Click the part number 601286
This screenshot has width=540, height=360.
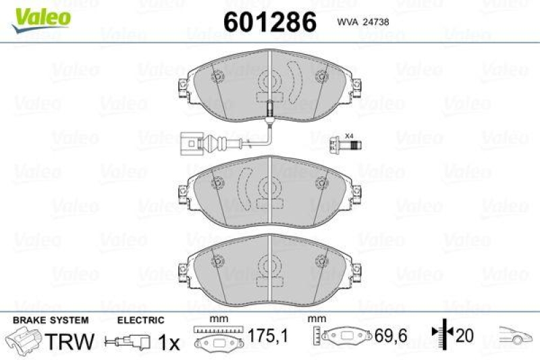pyautogui.click(x=269, y=23)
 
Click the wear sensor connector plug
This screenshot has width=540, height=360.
pyautogui.click(x=192, y=143)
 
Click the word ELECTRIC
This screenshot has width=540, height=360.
pyautogui.click(x=141, y=319)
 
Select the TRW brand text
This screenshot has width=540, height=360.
pyautogui.click(x=70, y=342)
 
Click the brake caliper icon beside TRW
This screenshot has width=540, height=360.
pyautogui.click(x=23, y=340)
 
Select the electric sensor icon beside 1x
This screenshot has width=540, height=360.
pyautogui.click(x=129, y=342)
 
